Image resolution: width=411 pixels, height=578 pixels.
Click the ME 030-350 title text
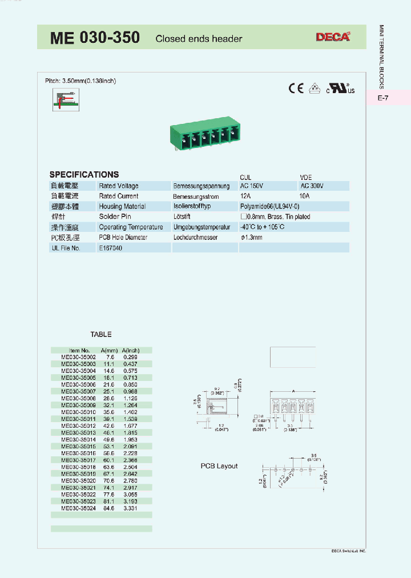(x=95, y=38)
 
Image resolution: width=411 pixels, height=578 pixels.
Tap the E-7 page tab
(x=383, y=98)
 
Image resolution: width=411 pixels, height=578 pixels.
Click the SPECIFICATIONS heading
(x=84, y=175)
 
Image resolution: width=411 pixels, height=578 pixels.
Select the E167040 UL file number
(x=111, y=248)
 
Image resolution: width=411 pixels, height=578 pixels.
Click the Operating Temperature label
(x=131, y=227)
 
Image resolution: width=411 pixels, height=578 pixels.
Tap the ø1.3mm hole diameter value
(x=251, y=237)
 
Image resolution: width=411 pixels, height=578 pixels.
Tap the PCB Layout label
(x=219, y=466)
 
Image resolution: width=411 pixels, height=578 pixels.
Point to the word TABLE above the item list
(x=101, y=334)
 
